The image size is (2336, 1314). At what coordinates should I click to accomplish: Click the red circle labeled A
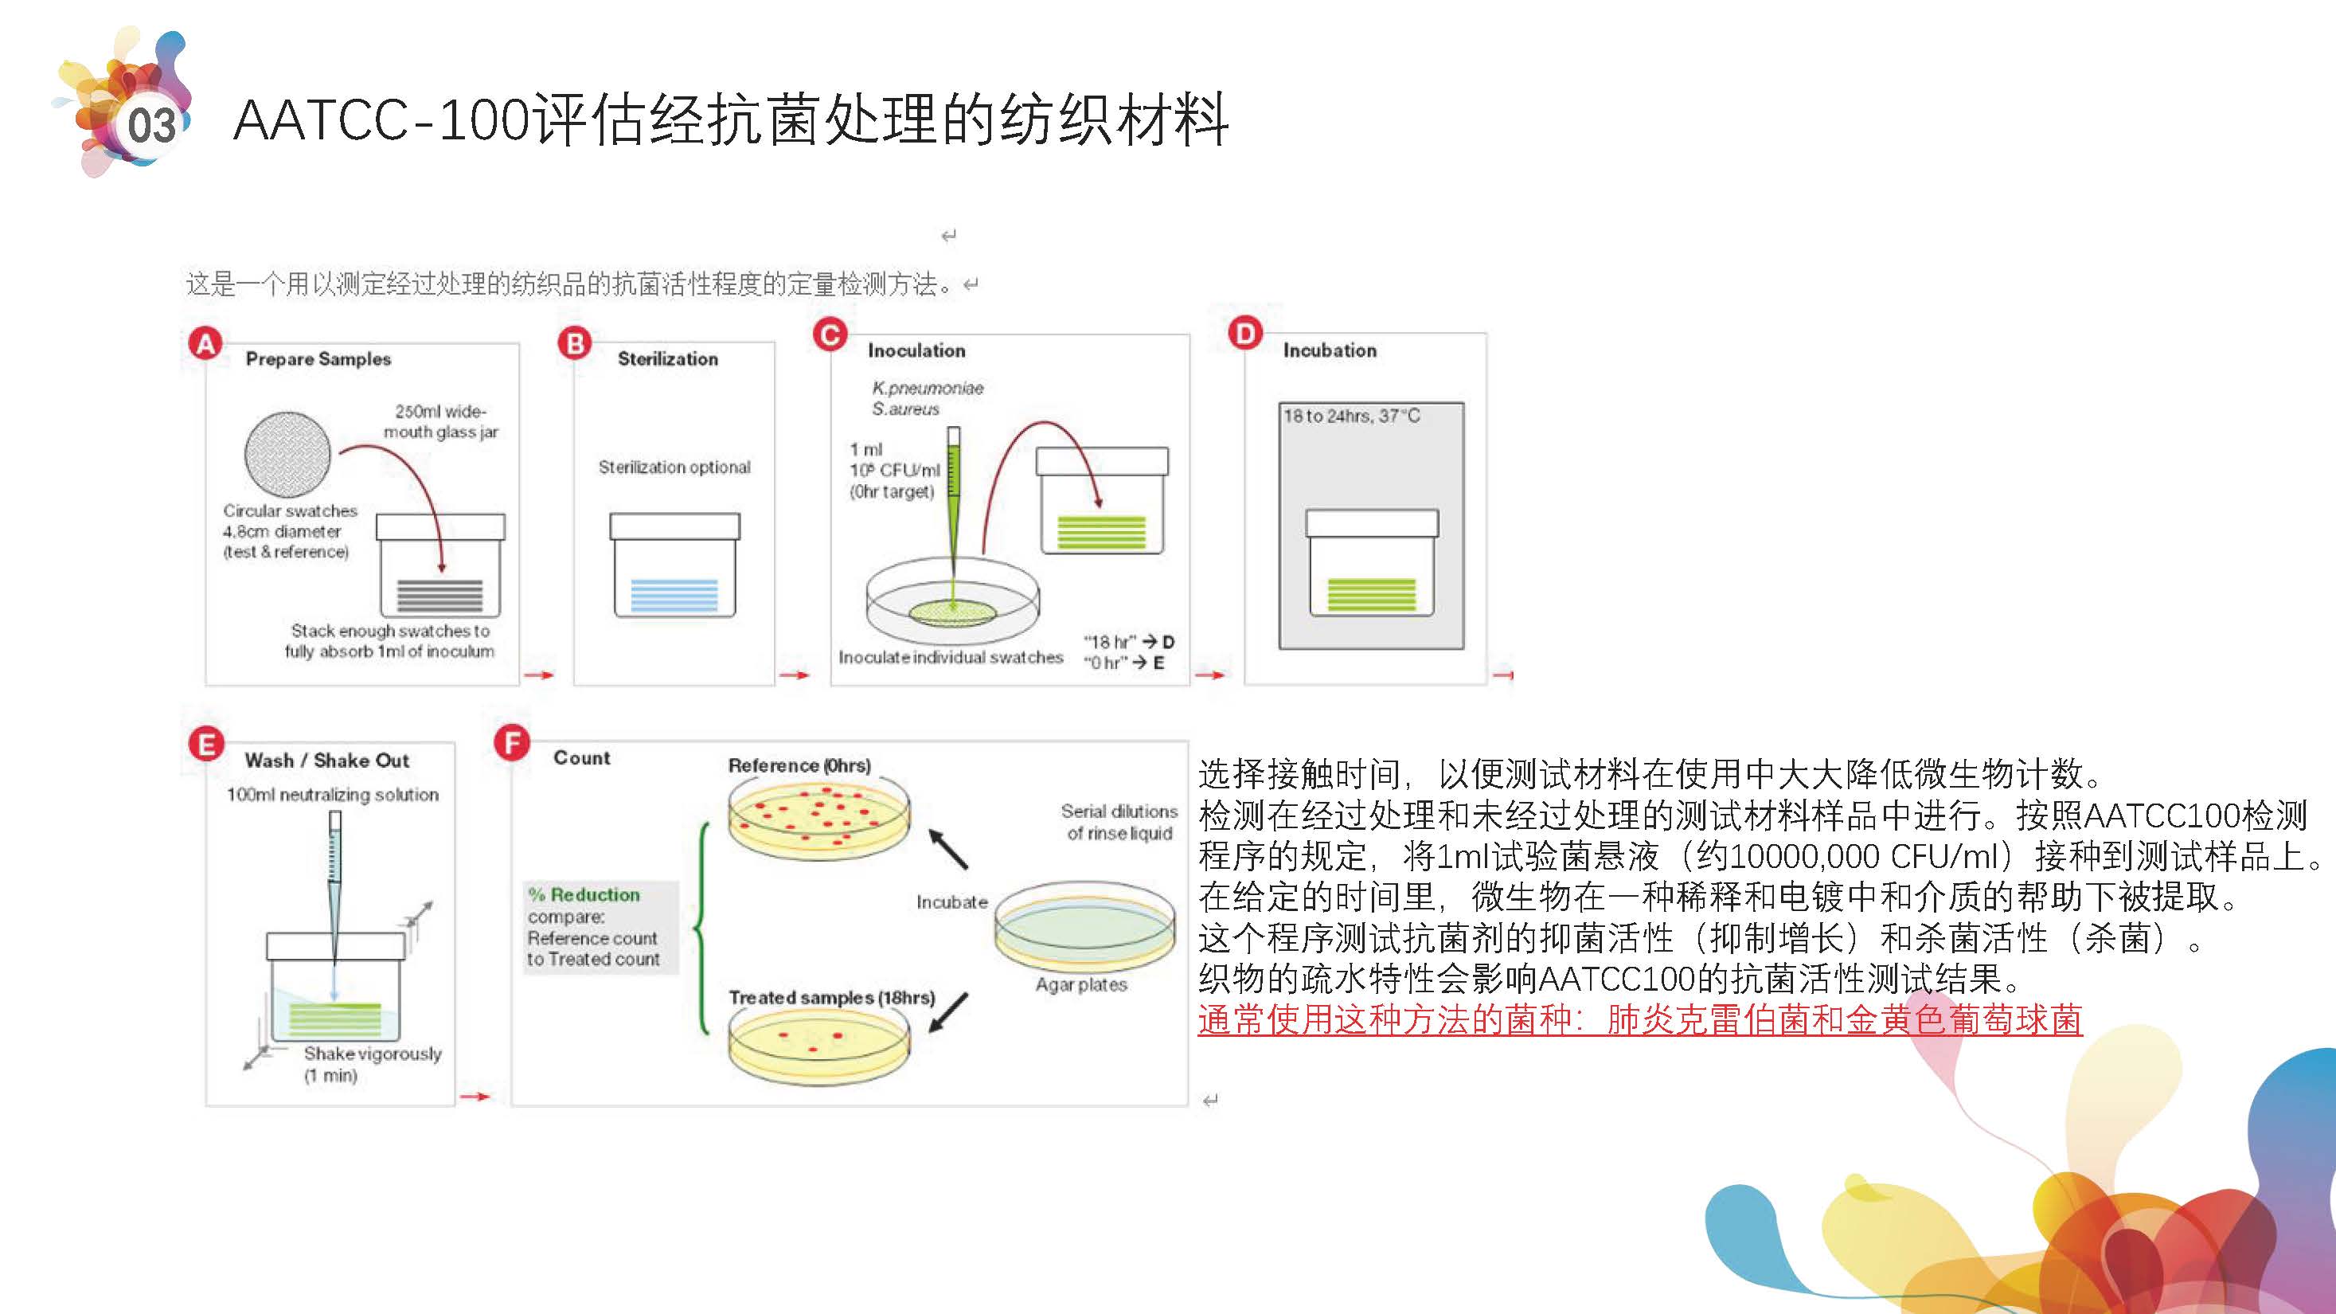pos(206,344)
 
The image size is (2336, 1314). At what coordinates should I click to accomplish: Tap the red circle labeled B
pos(575,344)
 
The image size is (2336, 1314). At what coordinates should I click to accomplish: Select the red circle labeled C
pos(830,335)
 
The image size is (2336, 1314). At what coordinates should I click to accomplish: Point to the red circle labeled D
pos(1245,334)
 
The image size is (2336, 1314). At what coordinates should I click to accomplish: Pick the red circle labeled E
pos(206,745)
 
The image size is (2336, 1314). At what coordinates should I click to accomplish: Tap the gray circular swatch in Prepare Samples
pos(287,454)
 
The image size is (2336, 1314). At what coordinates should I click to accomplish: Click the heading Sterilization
pos(667,359)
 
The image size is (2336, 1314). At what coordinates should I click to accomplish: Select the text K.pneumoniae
pos(928,388)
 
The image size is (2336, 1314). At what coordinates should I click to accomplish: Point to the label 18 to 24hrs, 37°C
pos(1351,416)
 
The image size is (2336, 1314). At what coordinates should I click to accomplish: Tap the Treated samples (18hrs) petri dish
pos(818,1045)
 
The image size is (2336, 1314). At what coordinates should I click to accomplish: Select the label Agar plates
pos(1081,985)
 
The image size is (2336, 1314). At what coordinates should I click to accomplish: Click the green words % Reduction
pos(585,895)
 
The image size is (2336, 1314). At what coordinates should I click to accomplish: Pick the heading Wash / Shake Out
pos(326,761)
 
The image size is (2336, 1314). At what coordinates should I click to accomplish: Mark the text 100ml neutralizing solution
pos(333,796)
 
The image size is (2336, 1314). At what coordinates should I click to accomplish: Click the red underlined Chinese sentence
pos(1639,1020)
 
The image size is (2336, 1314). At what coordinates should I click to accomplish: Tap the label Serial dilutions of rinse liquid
pos(1119,822)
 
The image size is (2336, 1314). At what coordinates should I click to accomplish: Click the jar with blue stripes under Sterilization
pos(674,567)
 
